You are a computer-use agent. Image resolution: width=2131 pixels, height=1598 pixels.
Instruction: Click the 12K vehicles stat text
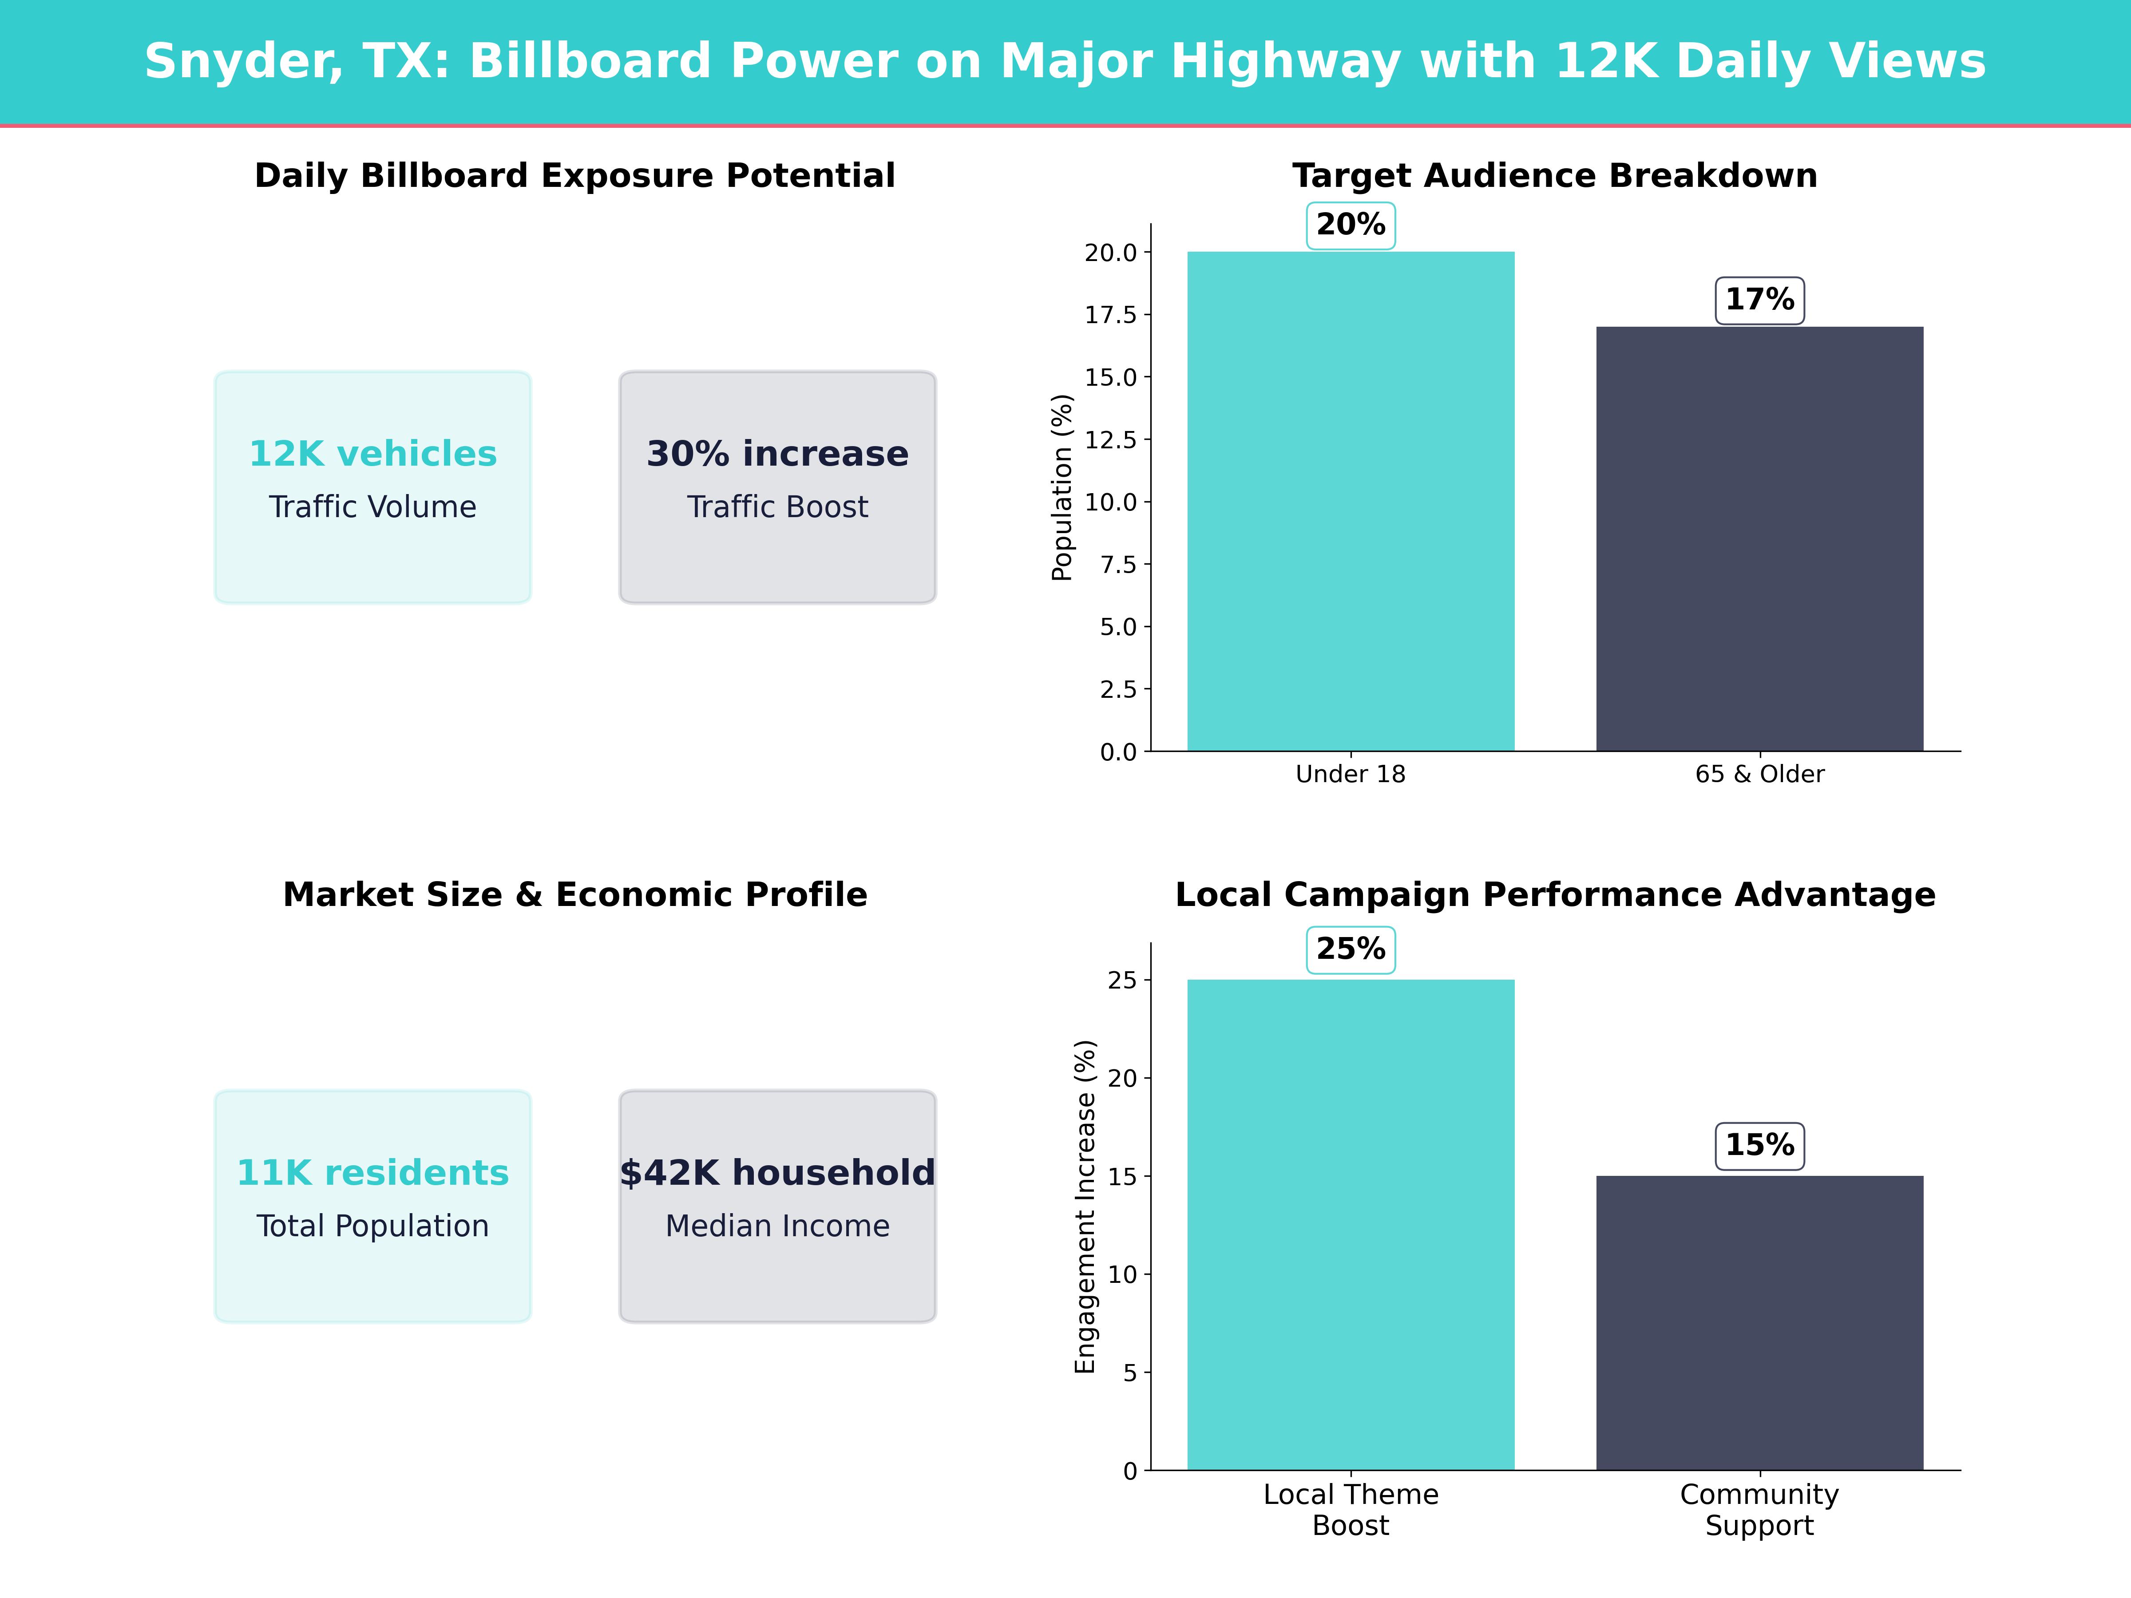click(x=373, y=454)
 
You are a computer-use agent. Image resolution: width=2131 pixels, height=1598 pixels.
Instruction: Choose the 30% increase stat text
click(x=777, y=454)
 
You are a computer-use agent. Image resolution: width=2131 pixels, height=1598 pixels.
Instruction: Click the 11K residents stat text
click(x=373, y=1173)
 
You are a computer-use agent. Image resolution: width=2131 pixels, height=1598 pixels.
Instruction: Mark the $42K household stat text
click(x=777, y=1173)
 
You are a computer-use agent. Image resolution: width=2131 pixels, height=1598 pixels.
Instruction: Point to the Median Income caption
click(x=777, y=1226)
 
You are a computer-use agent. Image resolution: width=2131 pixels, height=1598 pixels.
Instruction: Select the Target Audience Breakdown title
click(x=1554, y=176)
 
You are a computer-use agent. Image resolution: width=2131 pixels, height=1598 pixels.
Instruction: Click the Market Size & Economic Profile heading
click(x=575, y=895)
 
